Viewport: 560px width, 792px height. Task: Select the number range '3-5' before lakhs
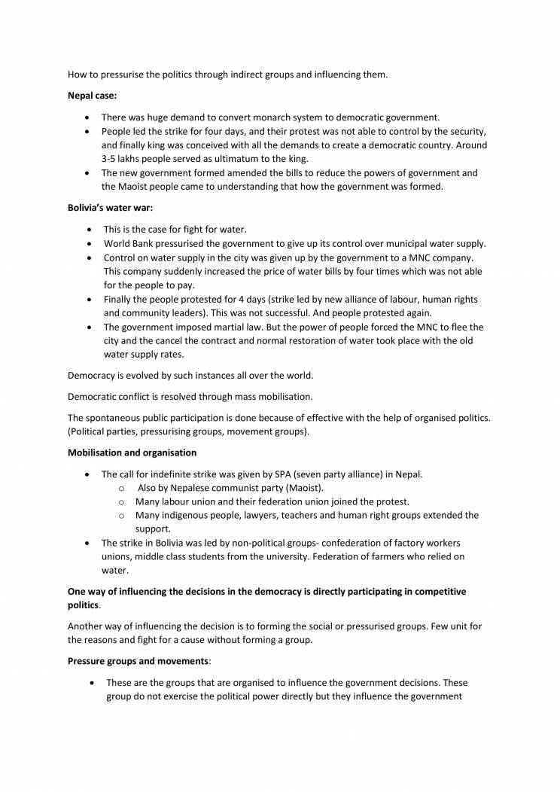(x=111, y=159)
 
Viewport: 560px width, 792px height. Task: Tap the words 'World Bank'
(x=129, y=243)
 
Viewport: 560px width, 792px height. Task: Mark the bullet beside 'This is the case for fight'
(x=91, y=229)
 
